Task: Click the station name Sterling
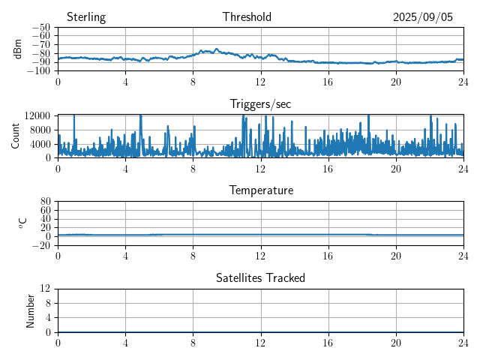point(85,17)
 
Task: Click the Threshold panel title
point(247,17)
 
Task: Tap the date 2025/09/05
point(423,17)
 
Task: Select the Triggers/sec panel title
point(260,104)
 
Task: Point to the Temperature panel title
point(260,190)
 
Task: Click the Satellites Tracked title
point(260,277)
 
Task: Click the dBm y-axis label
point(18,49)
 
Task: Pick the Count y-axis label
point(15,136)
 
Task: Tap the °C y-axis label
point(22,223)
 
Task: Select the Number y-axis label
point(31,310)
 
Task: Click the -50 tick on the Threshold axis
point(40,28)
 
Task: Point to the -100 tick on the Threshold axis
point(37,70)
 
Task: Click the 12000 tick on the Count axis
point(36,115)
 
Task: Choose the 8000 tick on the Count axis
point(39,129)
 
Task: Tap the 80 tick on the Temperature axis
point(45,202)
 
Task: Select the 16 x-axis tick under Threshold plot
point(328,81)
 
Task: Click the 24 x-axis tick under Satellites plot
point(463,342)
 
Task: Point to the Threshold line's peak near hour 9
point(216,49)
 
